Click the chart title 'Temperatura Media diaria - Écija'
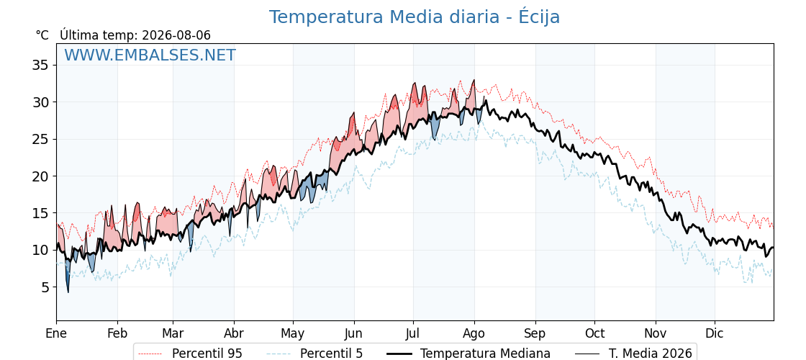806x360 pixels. pyautogui.click(x=415, y=17)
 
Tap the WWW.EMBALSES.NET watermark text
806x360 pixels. pyautogui.click(x=150, y=55)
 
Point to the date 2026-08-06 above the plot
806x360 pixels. pyautogui.click(x=176, y=35)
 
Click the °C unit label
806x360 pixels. pyautogui.click(x=42, y=35)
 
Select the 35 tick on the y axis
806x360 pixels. pyautogui.click(x=40, y=66)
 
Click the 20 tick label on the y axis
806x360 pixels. pyautogui.click(x=40, y=176)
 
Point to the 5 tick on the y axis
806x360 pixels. pyautogui.click(x=45, y=287)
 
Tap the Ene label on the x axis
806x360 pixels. pyautogui.click(x=56, y=333)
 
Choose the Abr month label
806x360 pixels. pyautogui.click(x=234, y=333)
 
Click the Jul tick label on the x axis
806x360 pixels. pyautogui.click(x=413, y=333)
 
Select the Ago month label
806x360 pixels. pyautogui.click(x=474, y=333)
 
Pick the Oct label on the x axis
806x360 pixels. pyautogui.click(x=594, y=333)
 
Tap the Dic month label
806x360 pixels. pyautogui.click(x=715, y=333)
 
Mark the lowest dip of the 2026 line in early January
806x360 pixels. pyautogui.click(x=68, y=292)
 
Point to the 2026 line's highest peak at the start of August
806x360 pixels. pyautogui.click(x=474, y=80)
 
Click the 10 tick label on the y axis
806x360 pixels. pyautogui.click(x=40, y=250)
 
